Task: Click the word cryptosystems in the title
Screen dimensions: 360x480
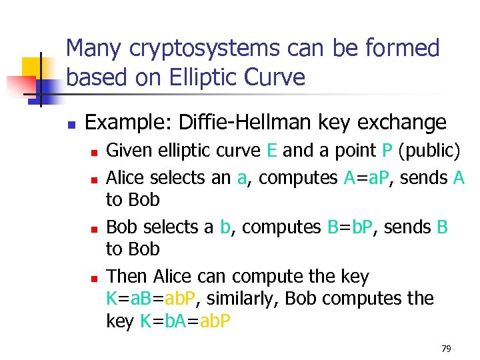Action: coord(193,49)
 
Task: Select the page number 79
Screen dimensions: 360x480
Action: coord(447,348)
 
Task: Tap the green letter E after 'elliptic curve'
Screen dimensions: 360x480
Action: coord(271,151)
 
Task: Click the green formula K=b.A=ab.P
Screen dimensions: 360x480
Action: coord(186,321)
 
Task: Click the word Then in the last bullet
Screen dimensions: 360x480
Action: coord(127,276)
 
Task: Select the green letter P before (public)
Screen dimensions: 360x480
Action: coord(387,151)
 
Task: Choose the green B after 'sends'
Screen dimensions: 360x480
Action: coord(442,227)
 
